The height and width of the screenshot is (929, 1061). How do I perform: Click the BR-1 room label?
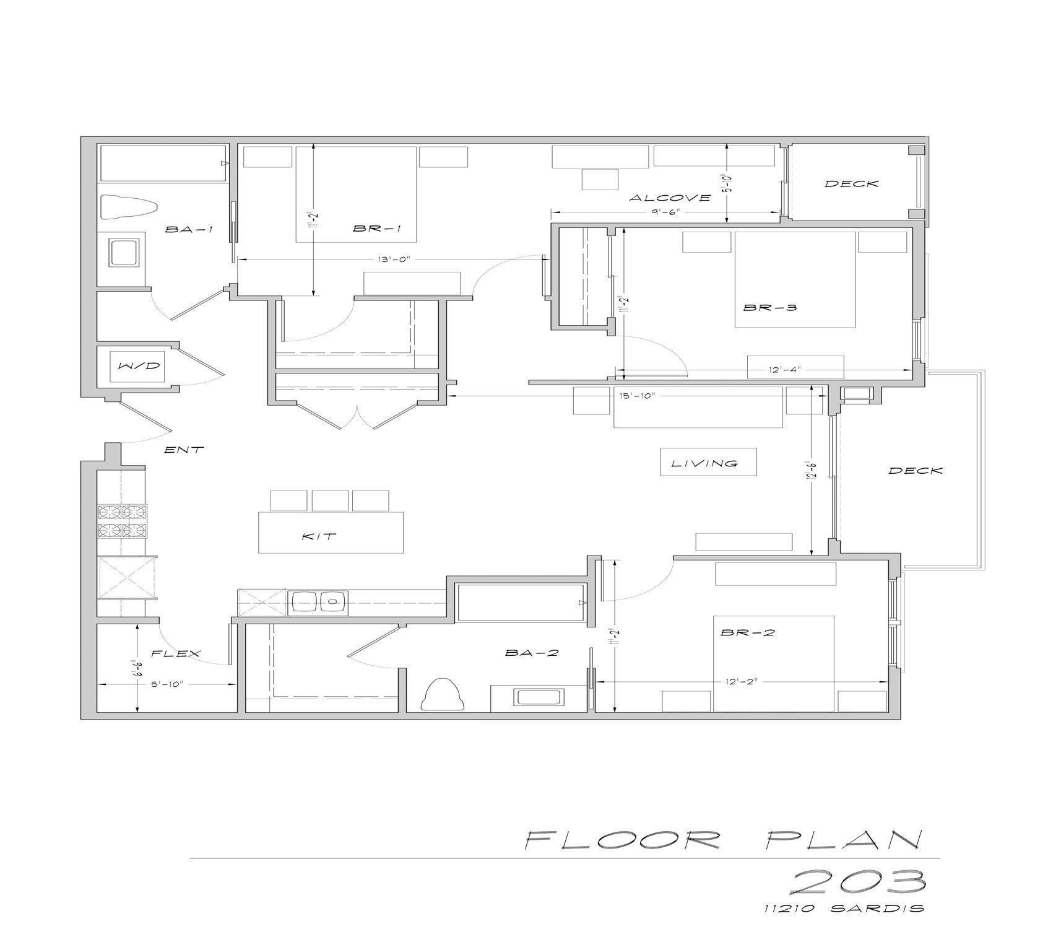click(377, 229)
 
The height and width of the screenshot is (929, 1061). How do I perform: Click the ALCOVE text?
click(670, 198)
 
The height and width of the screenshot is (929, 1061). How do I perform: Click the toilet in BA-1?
click(129, 207)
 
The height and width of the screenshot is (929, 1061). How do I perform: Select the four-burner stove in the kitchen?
click(123, 521)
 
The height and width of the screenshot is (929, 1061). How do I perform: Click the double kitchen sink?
click(318, 602)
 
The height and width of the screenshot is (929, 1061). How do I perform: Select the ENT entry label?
click(184, 450)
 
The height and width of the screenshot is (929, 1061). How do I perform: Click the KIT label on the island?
click(319, 536)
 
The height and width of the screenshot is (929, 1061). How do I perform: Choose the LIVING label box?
click(708, 463)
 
